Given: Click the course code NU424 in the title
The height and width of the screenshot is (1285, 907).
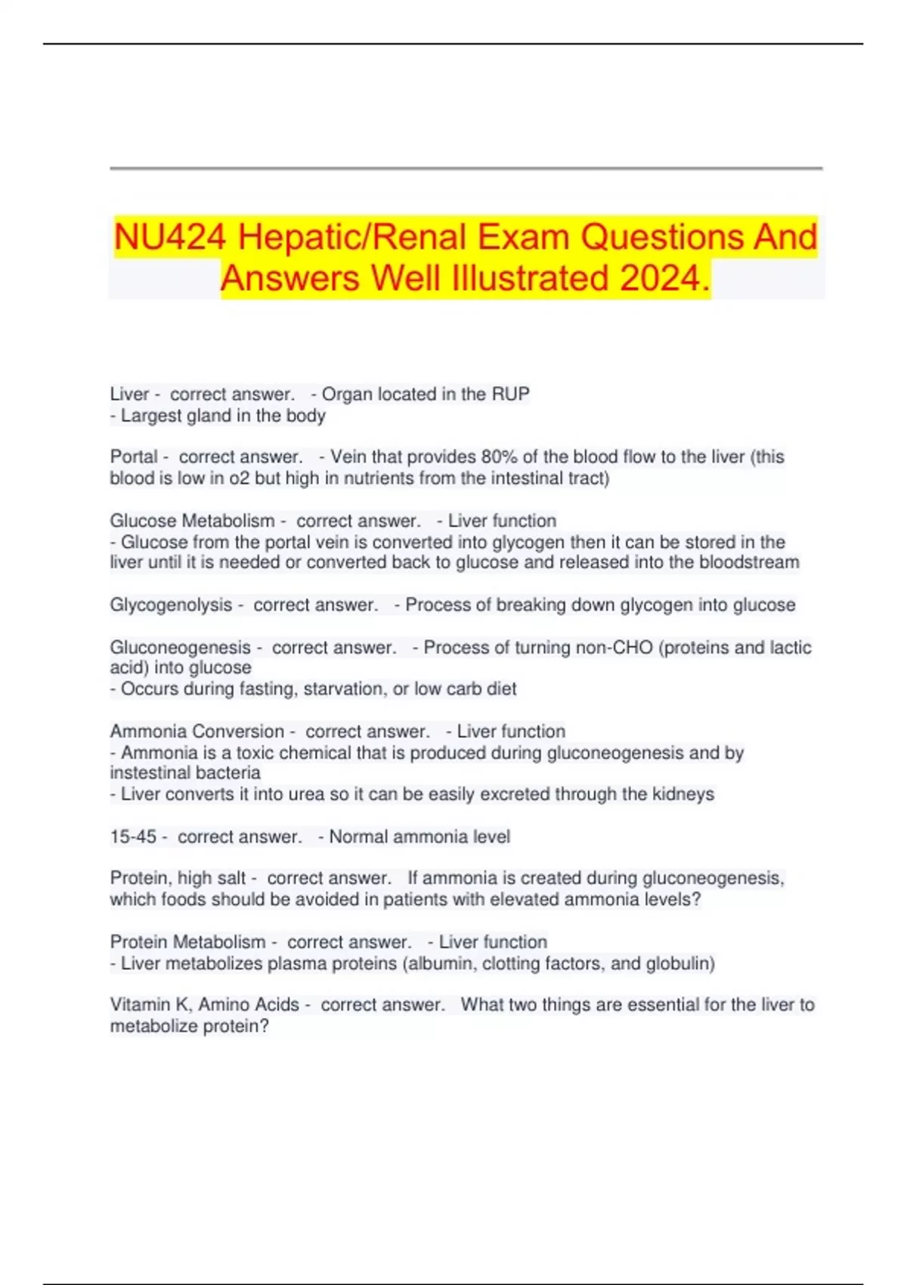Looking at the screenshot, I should [170, 237].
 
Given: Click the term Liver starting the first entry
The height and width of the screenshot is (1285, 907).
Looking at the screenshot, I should [129, 394].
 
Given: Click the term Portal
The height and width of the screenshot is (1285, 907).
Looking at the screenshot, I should [134, 457].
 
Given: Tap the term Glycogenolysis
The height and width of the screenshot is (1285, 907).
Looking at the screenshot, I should [171, 605].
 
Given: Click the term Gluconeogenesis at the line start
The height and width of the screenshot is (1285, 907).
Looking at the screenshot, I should [180, 647].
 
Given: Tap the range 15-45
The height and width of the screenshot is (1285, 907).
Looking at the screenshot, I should [133, 837].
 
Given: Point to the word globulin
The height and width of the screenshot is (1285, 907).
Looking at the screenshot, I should [679, 964].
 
